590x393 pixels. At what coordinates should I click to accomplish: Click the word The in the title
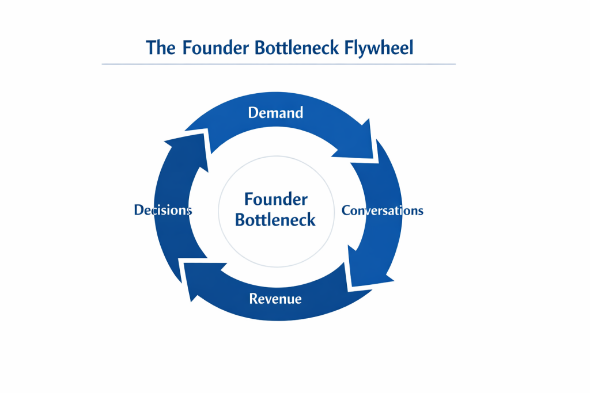pyautogui.click(x=161, y=47)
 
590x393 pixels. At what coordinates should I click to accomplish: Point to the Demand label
pyautogui.click(x=275, y=112)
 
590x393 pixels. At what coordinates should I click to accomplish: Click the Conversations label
pyautogui.click(x=383, y=210)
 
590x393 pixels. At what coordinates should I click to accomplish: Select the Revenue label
pyautogui.click(x=275, y=299)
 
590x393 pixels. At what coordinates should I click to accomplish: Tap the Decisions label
pyautogui.click(x=162, y=210)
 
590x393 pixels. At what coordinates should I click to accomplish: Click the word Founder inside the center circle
pyautogui.click(x=275, y=200)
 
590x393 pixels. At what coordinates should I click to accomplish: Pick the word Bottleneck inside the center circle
pyautogui.click(x=275, y=220)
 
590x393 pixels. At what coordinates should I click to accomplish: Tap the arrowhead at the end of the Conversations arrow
pyautogui.click(x=369, y=270)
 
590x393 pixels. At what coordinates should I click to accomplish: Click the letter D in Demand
pyautogui.click(x=252, y=112)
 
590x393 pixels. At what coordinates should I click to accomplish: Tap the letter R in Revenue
pyautogui.click(x=254, y=299)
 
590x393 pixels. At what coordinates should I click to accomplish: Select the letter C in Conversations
pyautogui.click(x=346, y=210)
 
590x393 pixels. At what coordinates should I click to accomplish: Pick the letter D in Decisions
pyautogui.click(x=138, y=210)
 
